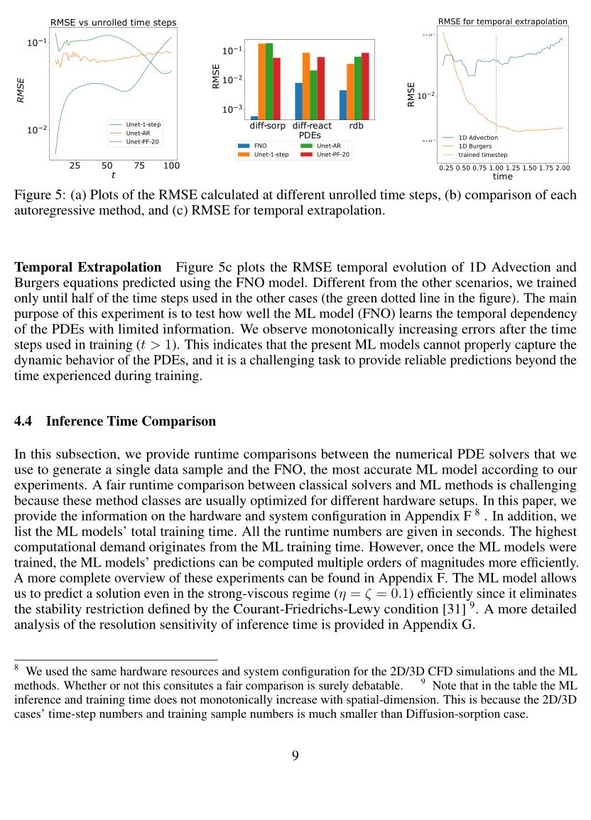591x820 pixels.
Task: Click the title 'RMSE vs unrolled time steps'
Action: (x=113, y=23)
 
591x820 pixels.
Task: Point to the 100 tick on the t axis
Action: (x=171, y=166)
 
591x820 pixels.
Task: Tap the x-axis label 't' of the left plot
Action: (x=113, y=175)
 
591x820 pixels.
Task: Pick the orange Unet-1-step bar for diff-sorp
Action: (x=261, y=81)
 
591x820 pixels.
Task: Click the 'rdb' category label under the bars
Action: (x=355, y=126)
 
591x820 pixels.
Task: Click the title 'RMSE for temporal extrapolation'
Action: (x=502, y=22)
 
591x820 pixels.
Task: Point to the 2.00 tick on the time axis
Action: (x=561, y=168)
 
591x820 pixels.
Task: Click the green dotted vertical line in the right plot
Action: (x=496, y=85)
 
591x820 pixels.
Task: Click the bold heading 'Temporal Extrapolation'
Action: (x=88, y=268)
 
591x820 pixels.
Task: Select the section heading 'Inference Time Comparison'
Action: (x=130, y=421)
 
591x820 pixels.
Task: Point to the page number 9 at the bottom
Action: (x=295, y=755)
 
